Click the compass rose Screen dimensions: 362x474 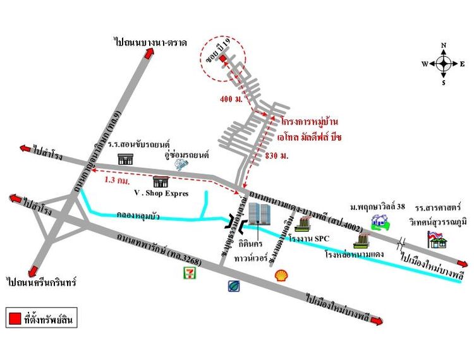(444, 63)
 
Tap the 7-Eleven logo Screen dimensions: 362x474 (188, 272)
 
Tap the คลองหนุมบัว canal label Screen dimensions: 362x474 (138, 216)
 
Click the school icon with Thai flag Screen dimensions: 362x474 (437, 239)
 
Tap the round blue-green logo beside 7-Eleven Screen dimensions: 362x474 (234, 286)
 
